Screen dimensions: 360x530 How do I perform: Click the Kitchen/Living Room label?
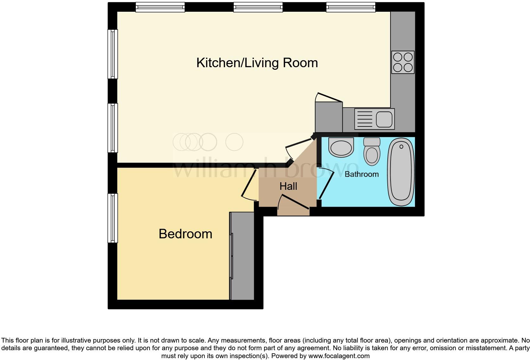point(257,63)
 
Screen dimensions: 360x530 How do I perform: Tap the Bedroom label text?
point(185,234)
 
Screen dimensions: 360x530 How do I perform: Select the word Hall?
point(288,186)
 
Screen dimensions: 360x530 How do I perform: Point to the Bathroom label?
point(361,174)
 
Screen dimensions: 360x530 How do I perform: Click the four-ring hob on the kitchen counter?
point(403,62)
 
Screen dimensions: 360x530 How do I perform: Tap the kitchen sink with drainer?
point(374,119)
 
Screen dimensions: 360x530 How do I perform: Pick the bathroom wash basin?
point(341,147)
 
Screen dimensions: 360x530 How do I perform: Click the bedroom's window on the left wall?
point(113,218)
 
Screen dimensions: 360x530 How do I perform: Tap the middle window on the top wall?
point(258,7)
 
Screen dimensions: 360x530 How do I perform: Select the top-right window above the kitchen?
point(351,7)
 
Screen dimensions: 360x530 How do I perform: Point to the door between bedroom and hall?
point(249,185)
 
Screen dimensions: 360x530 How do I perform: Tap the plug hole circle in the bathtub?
point(401,146)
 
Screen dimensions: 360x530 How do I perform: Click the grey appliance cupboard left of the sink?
point(329,117)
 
